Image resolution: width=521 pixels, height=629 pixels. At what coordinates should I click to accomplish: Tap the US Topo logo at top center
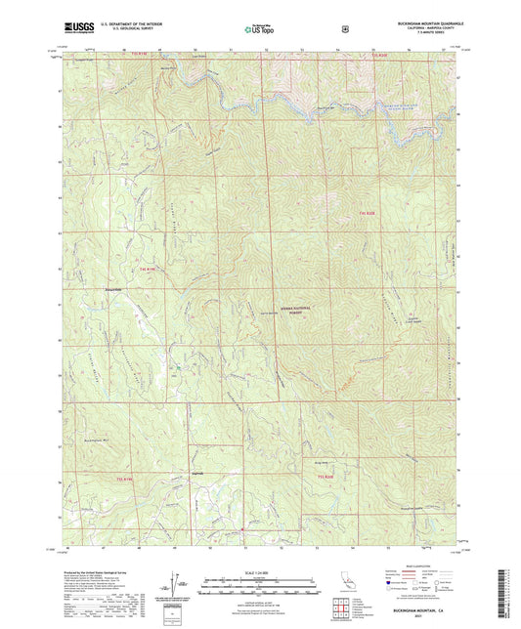258,29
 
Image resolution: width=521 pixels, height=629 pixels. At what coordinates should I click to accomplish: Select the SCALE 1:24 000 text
260,571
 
